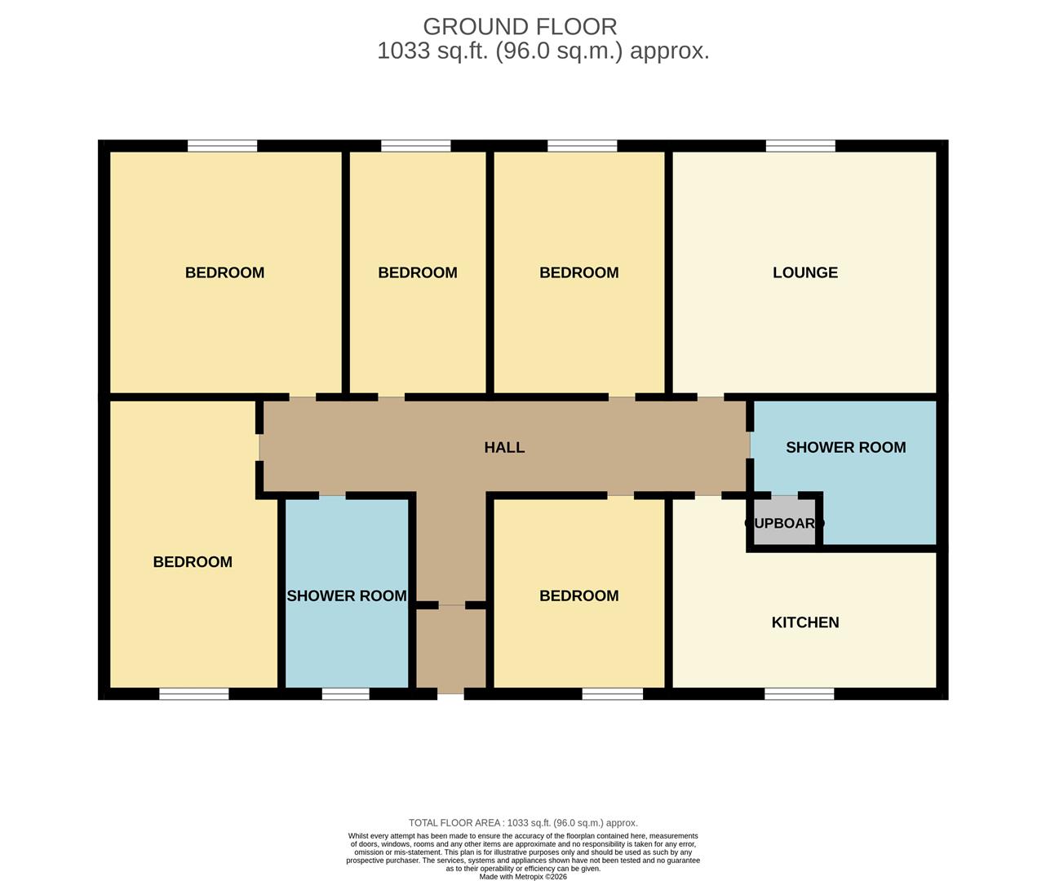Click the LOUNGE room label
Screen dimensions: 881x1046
804,272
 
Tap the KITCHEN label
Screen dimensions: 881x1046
804,622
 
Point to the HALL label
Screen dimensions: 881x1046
504,447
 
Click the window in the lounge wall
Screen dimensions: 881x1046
800,146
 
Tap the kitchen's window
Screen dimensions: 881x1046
799,694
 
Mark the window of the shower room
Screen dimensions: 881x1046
345,694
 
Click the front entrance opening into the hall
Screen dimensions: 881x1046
450,694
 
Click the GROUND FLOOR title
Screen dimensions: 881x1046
520,27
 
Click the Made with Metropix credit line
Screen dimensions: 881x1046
523,877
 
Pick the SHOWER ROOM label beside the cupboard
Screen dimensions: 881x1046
845,447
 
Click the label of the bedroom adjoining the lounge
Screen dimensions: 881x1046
578,272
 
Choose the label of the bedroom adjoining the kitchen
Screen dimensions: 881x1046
578,595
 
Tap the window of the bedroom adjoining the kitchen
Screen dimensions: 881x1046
612,694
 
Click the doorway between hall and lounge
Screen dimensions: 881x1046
710,397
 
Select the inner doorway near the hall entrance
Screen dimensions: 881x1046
451,605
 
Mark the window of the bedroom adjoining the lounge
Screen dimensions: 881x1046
582,146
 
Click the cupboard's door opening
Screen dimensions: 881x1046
784,495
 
